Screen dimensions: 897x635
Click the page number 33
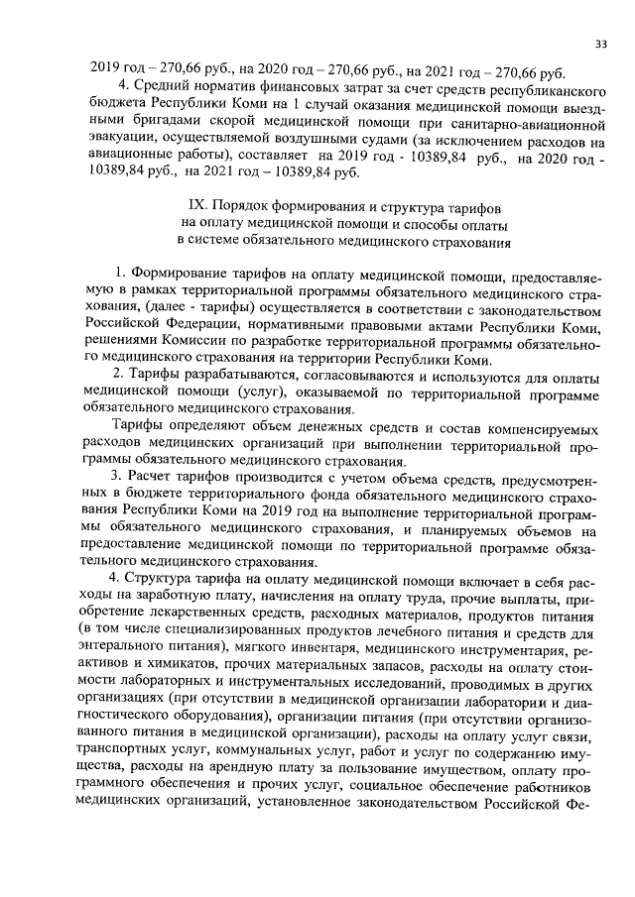point(600,44)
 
